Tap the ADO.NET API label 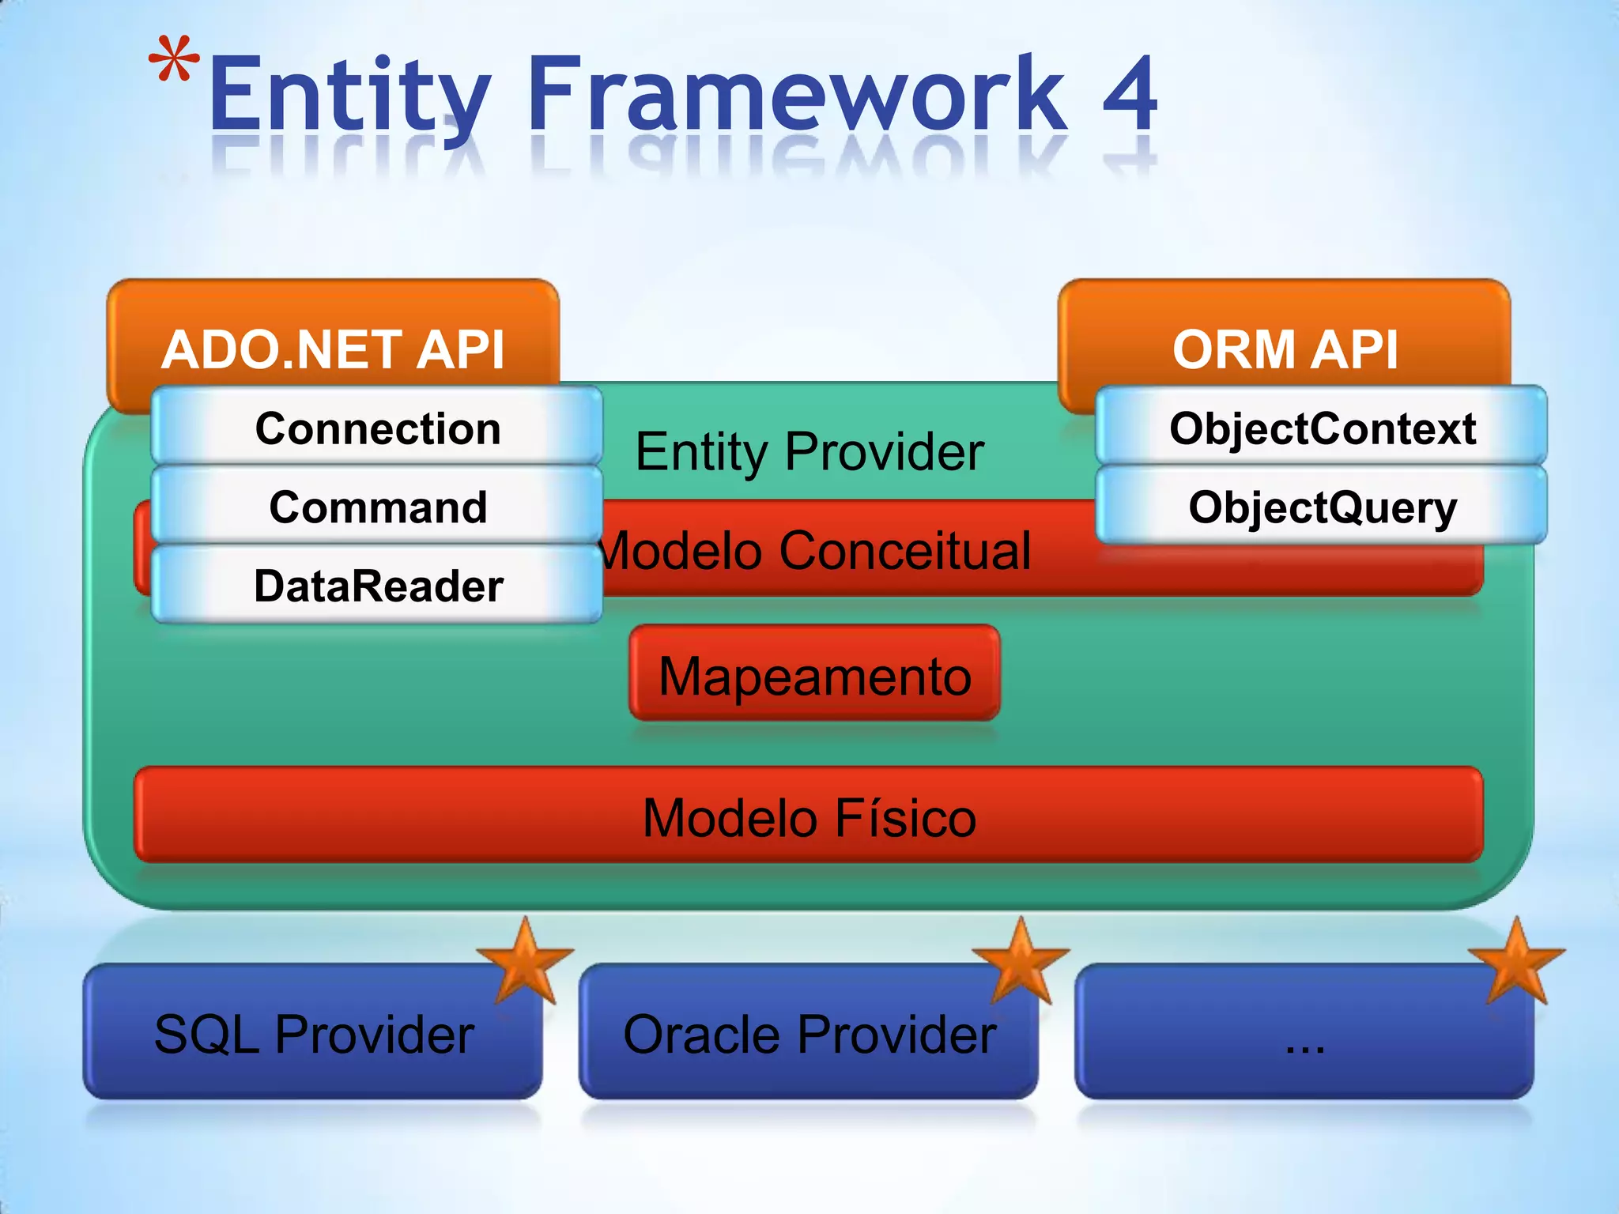(x=333, y=349)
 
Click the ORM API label (x=1285, y=349)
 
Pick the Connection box (x=377, y=428)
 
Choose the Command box (x=377, y=506)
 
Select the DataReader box (x=377, y=585)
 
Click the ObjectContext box (x=1322, y=428)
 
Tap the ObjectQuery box (x=1322, y=506)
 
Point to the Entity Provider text (x=809, y=451)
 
